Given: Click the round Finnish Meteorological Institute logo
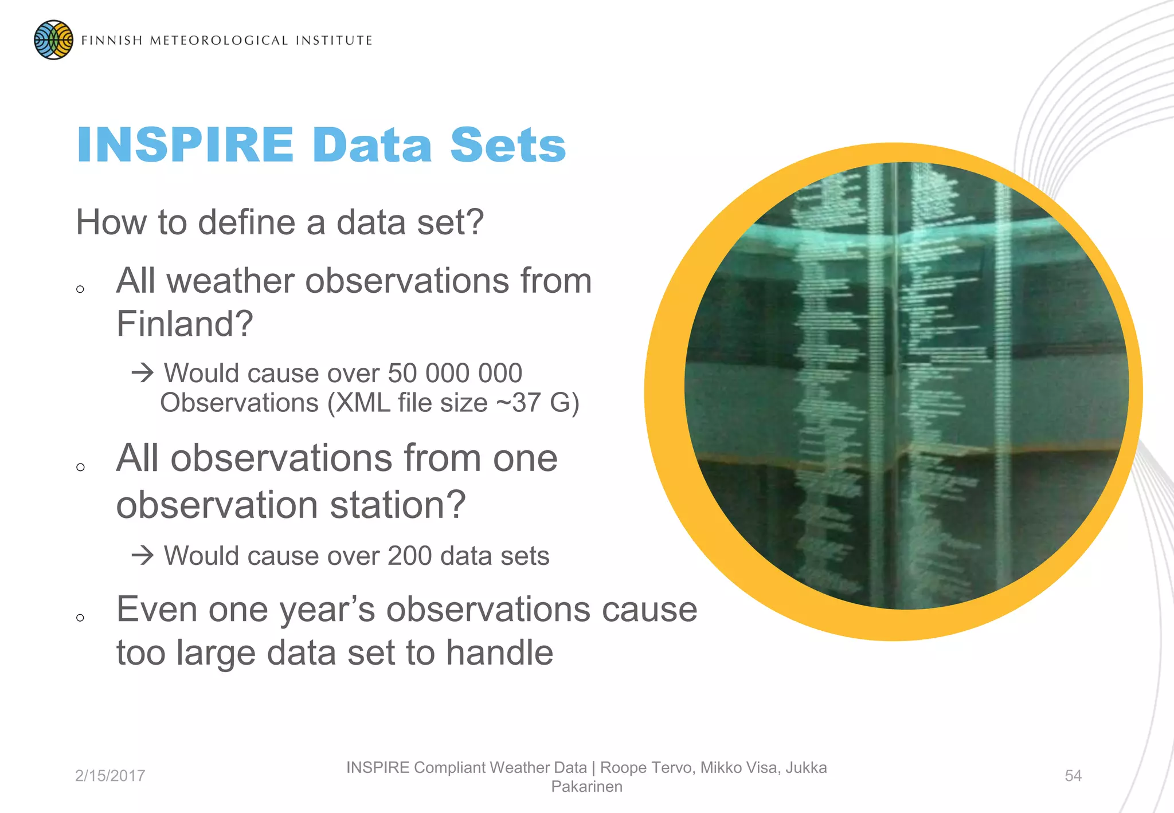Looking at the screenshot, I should (53, 40).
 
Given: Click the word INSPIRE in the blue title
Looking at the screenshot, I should (185, 145).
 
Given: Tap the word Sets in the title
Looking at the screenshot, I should (508, 145).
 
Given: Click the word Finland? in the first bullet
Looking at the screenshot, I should (185, 324).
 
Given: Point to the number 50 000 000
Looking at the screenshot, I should (455, 374).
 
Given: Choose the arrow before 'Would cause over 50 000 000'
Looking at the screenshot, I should (143, 374).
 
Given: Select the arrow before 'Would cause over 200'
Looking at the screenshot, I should (143, 556).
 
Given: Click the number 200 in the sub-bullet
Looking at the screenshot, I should (409, 556).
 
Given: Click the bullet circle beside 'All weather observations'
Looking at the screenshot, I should (80, 289).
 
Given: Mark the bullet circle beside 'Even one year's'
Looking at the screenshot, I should (80, 618).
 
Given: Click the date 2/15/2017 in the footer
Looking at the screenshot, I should (110, 776).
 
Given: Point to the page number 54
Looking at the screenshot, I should (1073, 776).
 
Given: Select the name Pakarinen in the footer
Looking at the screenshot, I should (586, 787).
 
